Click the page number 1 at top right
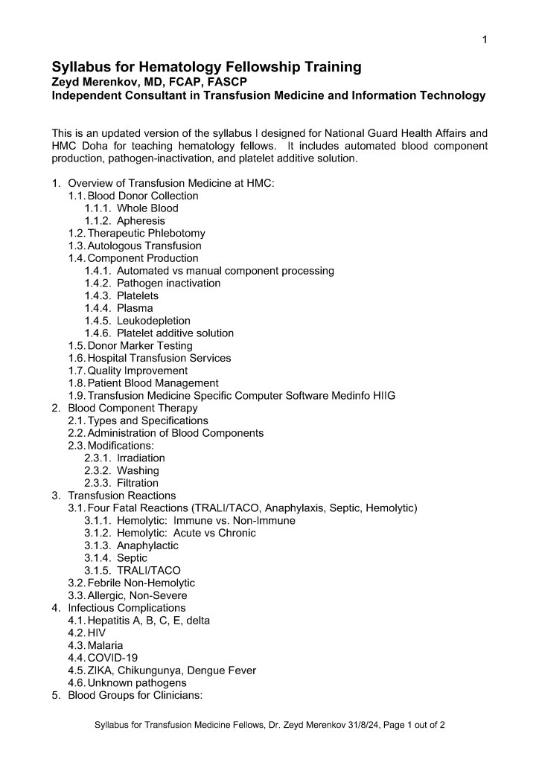pyautogui.click(x=484, y=39)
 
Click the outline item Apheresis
pyautogui.click(x=141, y=221)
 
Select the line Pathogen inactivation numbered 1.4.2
pyautogui.click(x=168, y=284)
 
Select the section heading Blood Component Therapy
pyautogui.click(x=133, y=408)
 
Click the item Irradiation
pyautogui.click(x=141, y=458)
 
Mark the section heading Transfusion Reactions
pyautogui.click(x=122, y=496)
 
